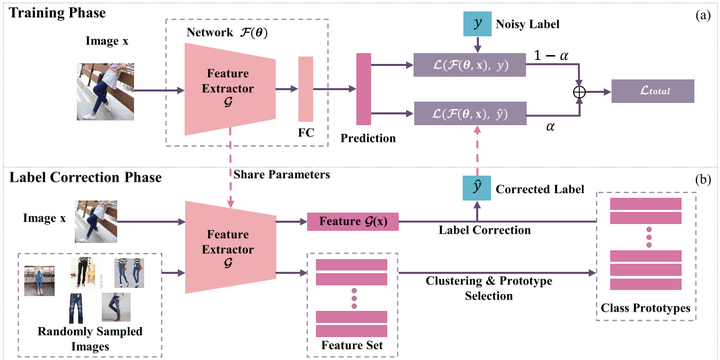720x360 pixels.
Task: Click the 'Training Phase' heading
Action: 59,12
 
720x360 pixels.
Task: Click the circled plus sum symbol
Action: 577,91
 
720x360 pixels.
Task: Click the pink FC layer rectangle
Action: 305,91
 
